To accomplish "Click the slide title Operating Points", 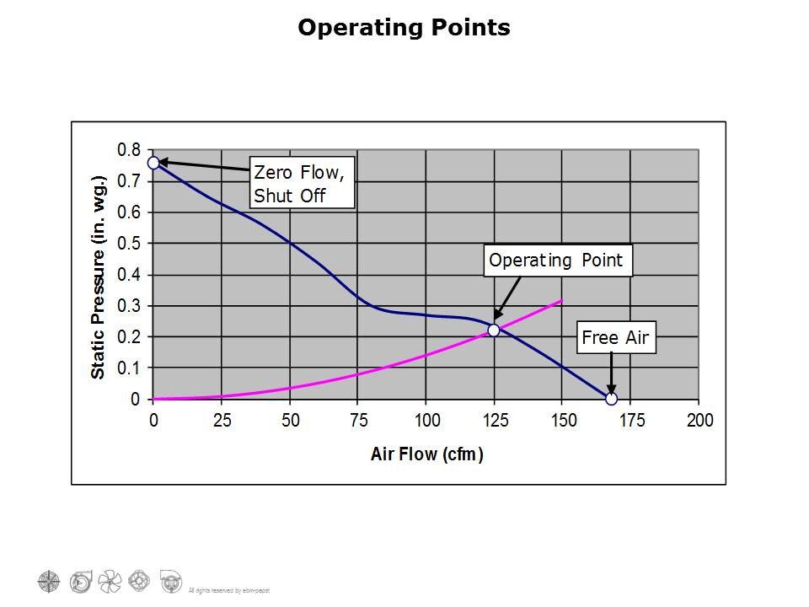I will [404, 28].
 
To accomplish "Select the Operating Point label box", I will [557, 261].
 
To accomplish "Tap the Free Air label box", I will [615, 338].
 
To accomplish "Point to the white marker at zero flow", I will [153, 163].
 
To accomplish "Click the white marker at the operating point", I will [494, 330].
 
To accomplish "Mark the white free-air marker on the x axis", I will [611, 399].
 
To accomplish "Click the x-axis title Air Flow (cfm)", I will [426, 454].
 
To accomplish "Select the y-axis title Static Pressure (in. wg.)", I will [99, 277].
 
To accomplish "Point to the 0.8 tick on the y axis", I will [129, 150].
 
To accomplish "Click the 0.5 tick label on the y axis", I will [129, 244].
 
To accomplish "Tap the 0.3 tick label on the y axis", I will [129, 306].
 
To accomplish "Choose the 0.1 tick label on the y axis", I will [129, 368].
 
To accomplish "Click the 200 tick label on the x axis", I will [699, 421].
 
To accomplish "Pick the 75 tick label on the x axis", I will [358, 421].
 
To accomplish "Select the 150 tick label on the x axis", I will [563, 421].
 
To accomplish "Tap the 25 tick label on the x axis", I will [222, 421].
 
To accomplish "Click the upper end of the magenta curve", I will [561, 300].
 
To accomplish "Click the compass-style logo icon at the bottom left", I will [50, 580].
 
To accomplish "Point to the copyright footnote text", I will [228, 589].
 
